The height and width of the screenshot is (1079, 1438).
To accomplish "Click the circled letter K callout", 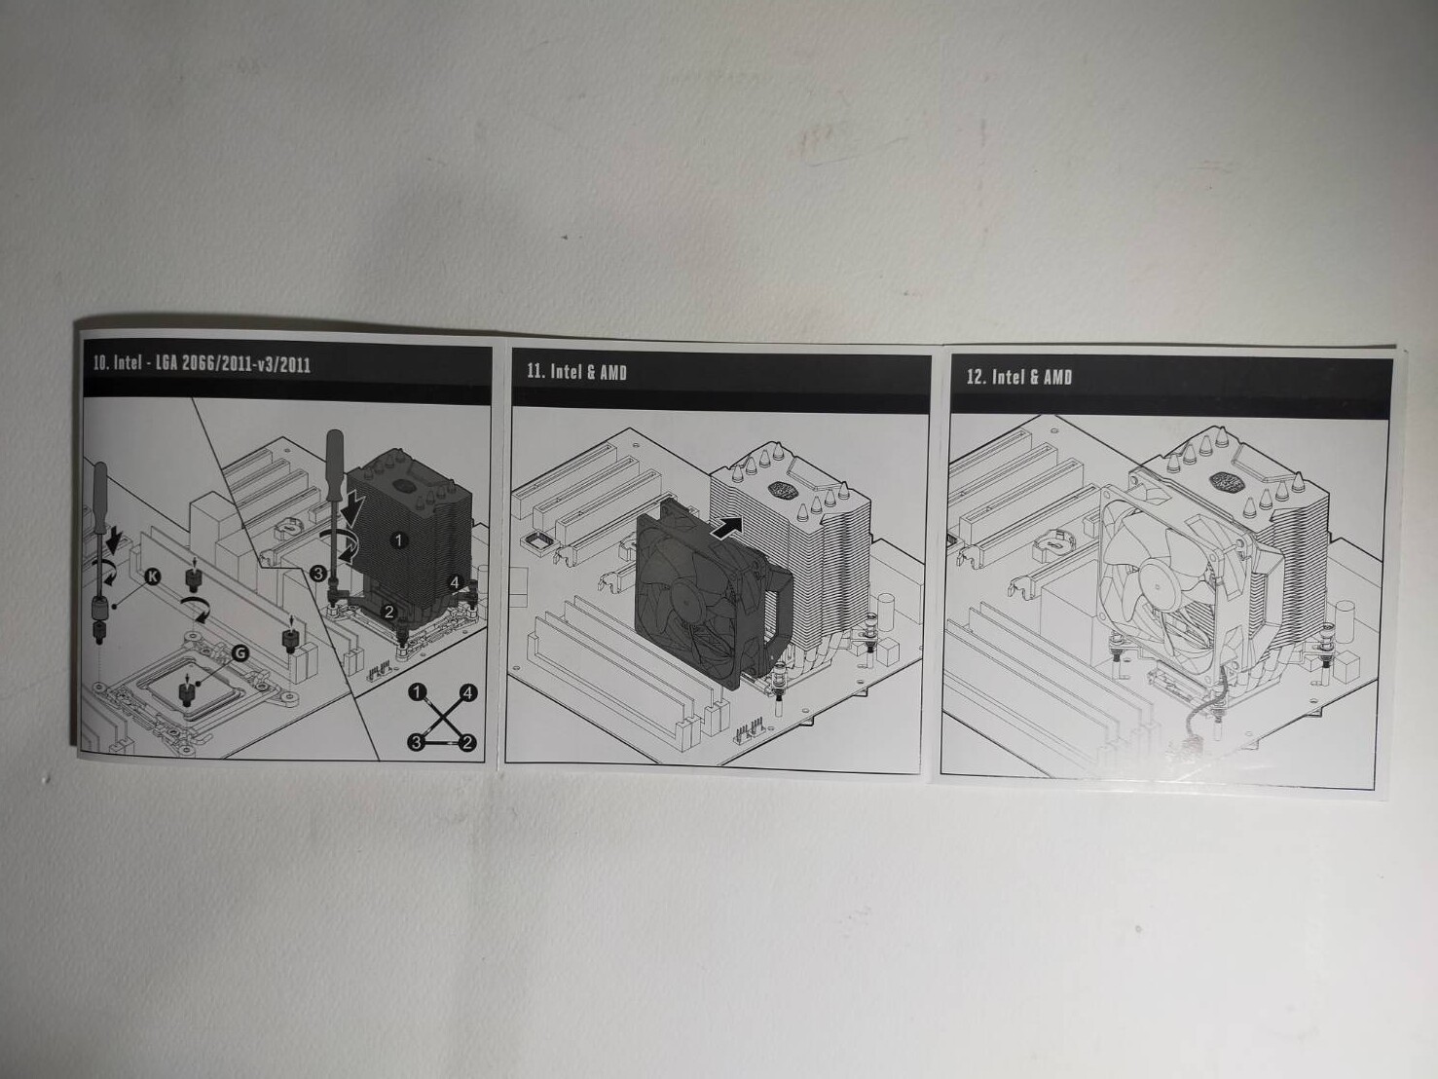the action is pos(152,577).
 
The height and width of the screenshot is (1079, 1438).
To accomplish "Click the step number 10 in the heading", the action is pos(100,362).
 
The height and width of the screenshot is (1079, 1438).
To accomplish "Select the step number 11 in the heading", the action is pos(535,371).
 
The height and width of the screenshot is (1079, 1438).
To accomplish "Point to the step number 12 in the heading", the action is pos(977,376).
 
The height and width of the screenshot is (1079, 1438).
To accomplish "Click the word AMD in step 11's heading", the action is pos(613,373).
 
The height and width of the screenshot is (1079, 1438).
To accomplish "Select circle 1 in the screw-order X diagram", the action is pos(418,691).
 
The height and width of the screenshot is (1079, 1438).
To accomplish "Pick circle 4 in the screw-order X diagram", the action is pos(467,692).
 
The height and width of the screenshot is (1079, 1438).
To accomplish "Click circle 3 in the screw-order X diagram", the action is pos(417,742).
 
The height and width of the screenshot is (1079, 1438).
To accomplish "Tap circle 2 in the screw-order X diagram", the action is pos(467,743).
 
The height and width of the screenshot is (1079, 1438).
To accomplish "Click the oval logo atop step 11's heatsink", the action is pos(781,488).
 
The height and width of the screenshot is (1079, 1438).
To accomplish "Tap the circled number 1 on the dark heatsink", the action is pos(398,540).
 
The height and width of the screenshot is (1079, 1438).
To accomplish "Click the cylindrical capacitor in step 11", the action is pos(886,612).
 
